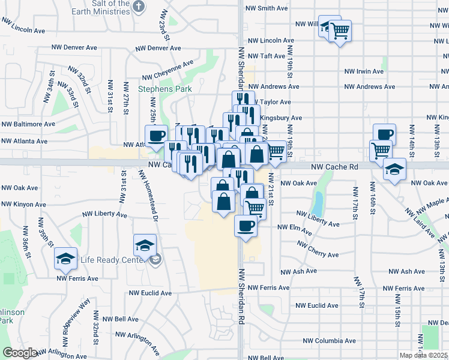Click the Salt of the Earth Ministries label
[107, 7]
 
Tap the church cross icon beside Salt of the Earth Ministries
[139, 7]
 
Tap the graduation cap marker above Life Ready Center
[145, 245]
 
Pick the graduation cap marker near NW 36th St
[65, 259]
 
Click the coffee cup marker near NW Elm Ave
[246, 226]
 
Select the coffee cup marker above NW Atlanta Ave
[156, 136]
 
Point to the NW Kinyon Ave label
[23, 205]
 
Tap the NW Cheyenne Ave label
[167, 70]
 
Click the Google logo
[20, 353]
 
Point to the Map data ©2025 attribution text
[423, 355]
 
